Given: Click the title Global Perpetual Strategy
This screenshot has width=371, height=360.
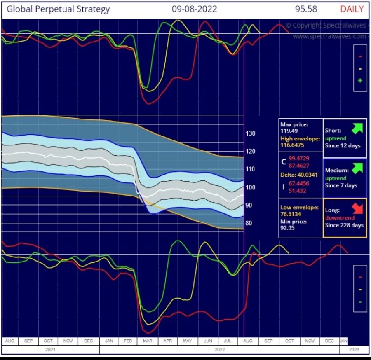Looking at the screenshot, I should (x=59, y=9).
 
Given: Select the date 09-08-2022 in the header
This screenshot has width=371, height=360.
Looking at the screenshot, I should (x=194, y=9).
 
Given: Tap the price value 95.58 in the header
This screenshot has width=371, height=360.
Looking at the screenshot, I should (x=307, y=9).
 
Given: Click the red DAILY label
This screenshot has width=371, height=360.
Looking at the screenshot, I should (x=352, y=9).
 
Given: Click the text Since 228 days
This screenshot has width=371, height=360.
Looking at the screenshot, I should (x=345, y=225).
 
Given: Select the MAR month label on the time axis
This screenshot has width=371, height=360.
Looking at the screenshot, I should (x=148, y=341).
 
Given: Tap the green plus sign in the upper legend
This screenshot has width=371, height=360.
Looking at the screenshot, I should (x=360, y=81).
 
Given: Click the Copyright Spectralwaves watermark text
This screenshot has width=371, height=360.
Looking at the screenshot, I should (x=326, y=26).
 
